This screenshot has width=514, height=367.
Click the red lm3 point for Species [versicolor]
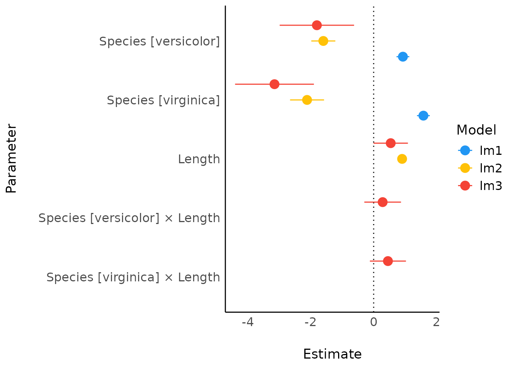317,25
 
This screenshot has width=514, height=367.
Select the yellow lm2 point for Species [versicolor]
323,41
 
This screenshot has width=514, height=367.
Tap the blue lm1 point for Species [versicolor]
403,57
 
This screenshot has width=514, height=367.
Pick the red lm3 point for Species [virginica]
274,84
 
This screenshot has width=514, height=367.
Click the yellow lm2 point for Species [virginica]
307,100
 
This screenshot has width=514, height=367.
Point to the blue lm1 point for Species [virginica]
423,115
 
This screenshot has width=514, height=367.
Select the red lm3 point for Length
390,143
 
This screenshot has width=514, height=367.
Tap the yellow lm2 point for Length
402,159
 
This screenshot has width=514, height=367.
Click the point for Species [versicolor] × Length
382,202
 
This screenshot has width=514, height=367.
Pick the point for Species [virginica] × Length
388,261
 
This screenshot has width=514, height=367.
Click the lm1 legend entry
480,151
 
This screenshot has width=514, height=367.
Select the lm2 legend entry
480,168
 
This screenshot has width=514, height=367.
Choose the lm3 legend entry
480,186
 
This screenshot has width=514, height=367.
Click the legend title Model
476,130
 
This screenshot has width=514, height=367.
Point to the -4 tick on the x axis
248,322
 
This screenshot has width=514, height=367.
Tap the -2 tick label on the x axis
311,322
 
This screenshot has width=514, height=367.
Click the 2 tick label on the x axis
436,322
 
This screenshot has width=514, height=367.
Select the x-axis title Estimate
332,354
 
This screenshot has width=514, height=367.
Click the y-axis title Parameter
11,159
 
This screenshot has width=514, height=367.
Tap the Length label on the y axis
199,159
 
